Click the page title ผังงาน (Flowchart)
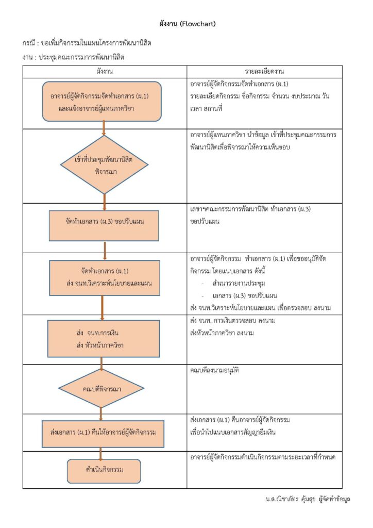pyautogui.click(x=188, y=24)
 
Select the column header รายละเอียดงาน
pyautogui.click(x=264, y=71)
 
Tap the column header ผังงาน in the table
pyautogui.click(x=105, y=71)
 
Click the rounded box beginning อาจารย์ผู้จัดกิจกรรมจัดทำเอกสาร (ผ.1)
pyautogui.click(x=102, y=102)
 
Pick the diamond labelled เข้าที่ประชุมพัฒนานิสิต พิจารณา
pyautogui.click(x=104, y=164)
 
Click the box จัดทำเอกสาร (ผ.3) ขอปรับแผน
pyautogui.click(x=104, y=226)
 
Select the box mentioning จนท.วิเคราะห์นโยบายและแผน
pyautogui.click(x=105, y=278)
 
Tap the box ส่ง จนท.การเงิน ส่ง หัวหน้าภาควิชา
pyautogui.click(x=104, y=338)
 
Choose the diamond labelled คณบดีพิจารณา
pyautogui.click(x=101, y=388)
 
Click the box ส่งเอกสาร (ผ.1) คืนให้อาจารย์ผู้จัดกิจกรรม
pyautogui.click(x=103, y=434)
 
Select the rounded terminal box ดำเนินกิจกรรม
pyautogui.click(x=104, y=471)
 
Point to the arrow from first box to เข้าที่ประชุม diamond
pyautogui.click(x=104, y=128)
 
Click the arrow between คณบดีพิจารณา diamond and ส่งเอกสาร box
pyautogui.click(x=101, y=414)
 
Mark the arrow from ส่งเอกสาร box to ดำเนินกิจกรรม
pyautogui.click(x=100, y=454)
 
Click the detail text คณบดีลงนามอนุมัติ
pyautogui.click(x=215, y=370)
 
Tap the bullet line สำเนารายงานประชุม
pyautogui.click(x=239, y=283)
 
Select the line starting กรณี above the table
pyautogui.click(x=87, y=43)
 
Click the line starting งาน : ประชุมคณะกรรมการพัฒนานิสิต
pyautogui.click(x=73, y=57)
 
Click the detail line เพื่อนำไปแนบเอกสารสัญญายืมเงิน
pyautogui.click(x=233, y=432)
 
